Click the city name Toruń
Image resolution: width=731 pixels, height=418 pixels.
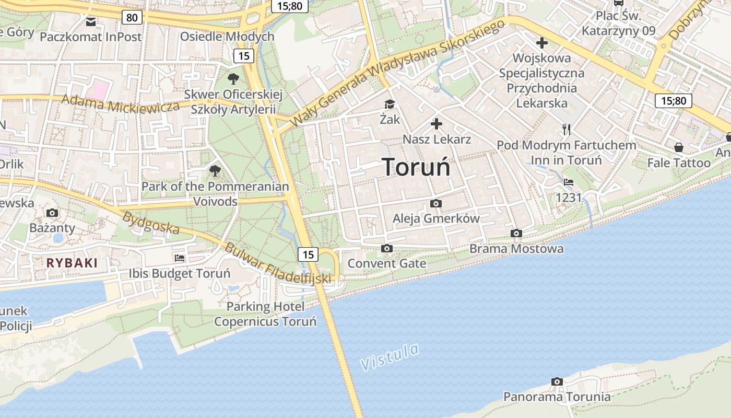coord(416,167)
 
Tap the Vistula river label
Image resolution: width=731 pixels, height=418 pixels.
coord(390,357)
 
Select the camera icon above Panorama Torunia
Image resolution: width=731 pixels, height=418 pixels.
coord(557,382)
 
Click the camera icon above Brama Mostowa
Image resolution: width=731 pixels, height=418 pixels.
coord(516,233)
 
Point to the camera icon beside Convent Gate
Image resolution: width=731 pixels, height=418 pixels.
coord(386,248)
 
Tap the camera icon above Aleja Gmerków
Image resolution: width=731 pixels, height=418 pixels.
coord(436,203)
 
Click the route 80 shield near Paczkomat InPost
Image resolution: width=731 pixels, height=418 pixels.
coord(132,18)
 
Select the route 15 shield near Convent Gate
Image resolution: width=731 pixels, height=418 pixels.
coord(308,254)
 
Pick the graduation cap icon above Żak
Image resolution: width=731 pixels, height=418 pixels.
coord(390,104)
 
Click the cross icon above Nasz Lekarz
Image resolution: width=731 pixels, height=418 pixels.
coord(437,124)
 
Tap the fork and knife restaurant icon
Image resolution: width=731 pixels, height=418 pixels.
coord(567,129)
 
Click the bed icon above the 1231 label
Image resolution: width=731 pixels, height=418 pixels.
coord(569,182)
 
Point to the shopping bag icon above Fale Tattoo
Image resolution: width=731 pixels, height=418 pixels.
coord(679,147)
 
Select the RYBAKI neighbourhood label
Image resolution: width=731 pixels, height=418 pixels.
coord(72,263)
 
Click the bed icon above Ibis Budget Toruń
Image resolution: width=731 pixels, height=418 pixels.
coord(180,258)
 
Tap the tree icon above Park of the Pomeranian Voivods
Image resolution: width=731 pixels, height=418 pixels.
coord(215,170)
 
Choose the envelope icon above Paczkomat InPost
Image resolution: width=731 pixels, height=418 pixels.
coord(91,21)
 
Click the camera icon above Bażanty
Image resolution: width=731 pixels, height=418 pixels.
coord(52,213)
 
